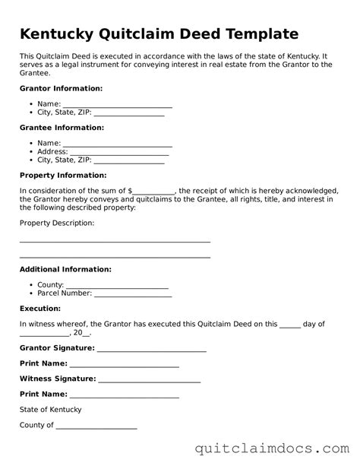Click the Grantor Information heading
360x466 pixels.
pyautogui.click(x=61, y=89)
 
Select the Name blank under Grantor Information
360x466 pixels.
pyautogui.click(x=117, y=104)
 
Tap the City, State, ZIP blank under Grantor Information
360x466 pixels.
pyautogui.click(x=128, y=113)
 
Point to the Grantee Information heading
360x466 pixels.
pyautogui.click(x=62, y=128)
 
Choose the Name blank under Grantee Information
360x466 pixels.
pyautogui.click(x=117, y=143)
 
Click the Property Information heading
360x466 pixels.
pyautogui.click(x=62, y=175)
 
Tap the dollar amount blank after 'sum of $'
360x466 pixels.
pyautogui.click(x=154, y=191)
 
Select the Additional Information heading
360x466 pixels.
pyautogui.click(x=65, y=269)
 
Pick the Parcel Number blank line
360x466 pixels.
pyautogui.click(x=133, y=293)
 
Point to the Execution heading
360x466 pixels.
pyautogui.click(x=40, y=309)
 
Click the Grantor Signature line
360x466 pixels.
pyautogui.click(x=152, y=348)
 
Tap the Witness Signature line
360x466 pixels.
pyautogui.click(x=150, y=379)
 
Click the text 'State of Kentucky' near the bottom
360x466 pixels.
pyautogui.click(x=50, y=410)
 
